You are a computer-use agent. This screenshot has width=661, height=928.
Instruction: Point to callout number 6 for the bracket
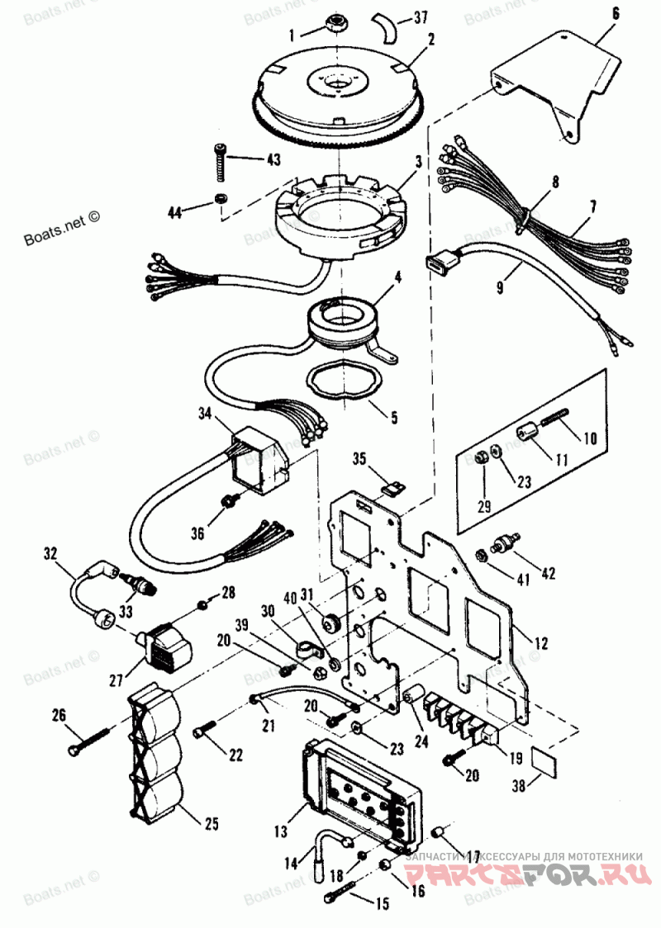pyautogui.click(x=616, y=13)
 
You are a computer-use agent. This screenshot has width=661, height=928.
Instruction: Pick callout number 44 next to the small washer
pyautogui.click(x=174, y=212)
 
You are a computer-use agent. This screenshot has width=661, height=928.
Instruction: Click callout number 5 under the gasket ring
pyautogui.click(x=393, y=418)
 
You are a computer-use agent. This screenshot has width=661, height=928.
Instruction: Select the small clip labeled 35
pyautogui.click(x=392, y=489)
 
